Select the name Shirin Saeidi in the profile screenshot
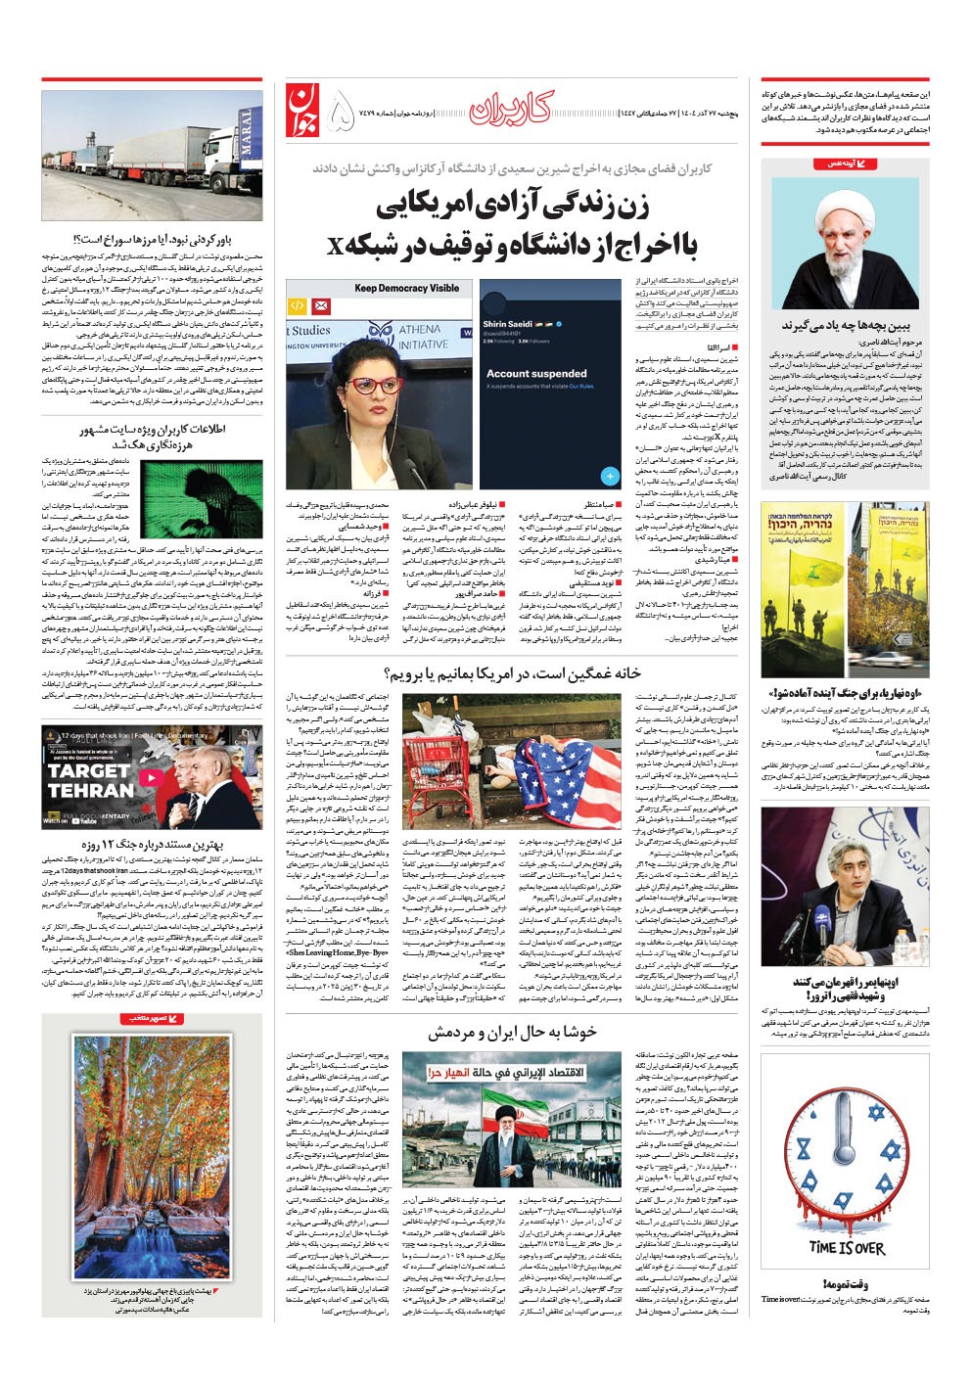[506, 324]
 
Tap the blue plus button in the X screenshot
[609, 476]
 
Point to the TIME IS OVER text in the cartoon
[847, 1248]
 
